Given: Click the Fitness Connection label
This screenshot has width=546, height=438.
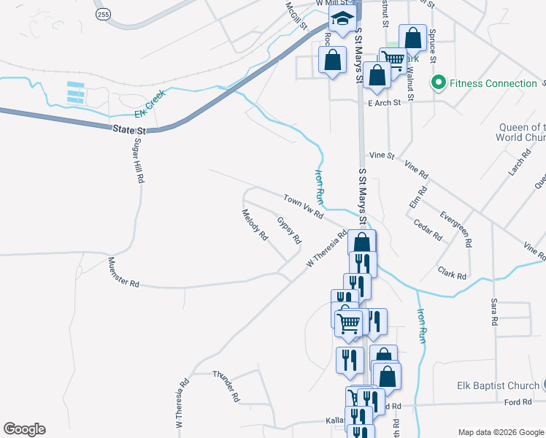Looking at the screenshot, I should [x=493, y=83].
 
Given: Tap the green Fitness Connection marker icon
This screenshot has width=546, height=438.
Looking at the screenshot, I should [x=439, y=82].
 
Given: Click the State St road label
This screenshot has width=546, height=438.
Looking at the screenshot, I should [x=130, y=130].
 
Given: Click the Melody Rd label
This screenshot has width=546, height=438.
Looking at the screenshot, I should [x=255, y=225].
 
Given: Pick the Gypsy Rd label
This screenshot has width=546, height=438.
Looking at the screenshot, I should [x=289, y=229].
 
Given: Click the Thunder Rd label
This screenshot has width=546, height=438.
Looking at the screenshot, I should [x=226, y=386].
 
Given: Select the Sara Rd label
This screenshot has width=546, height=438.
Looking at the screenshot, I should [x=494, y=311].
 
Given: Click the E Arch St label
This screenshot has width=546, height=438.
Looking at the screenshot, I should [x=384, y=103].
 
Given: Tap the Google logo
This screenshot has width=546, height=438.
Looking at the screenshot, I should [x=24, y=429].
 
